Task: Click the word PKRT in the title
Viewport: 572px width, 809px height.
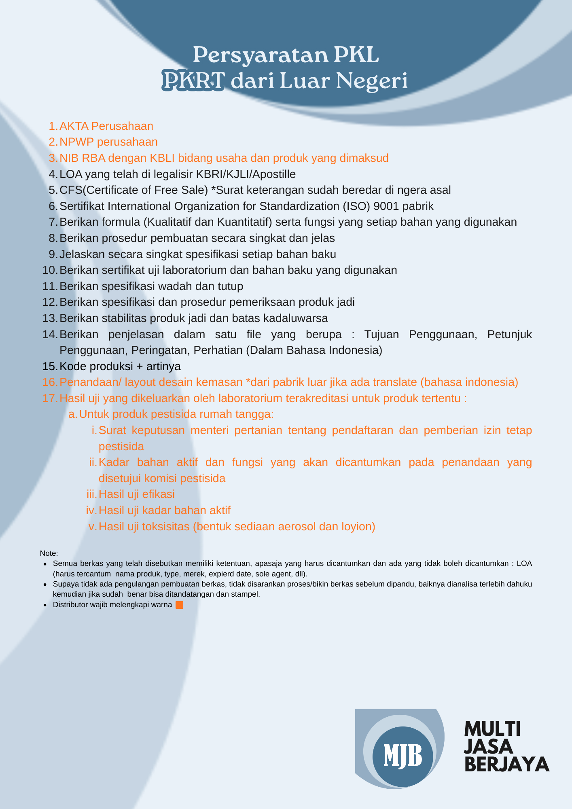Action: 193,80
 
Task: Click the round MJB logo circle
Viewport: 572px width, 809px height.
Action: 403,756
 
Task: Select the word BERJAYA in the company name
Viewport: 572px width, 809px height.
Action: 506,764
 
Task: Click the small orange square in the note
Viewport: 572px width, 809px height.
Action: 180,605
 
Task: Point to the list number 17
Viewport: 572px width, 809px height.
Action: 50,398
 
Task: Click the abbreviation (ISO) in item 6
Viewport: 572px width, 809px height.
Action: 356,206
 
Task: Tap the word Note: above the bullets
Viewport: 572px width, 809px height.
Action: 49,553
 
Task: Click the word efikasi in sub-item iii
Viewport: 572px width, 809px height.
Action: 159,494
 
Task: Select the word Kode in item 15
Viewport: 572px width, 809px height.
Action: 73,366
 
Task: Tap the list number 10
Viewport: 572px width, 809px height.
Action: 50,270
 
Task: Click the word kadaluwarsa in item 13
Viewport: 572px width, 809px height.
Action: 295,318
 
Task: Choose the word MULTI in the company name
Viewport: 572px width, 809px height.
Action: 492,729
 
